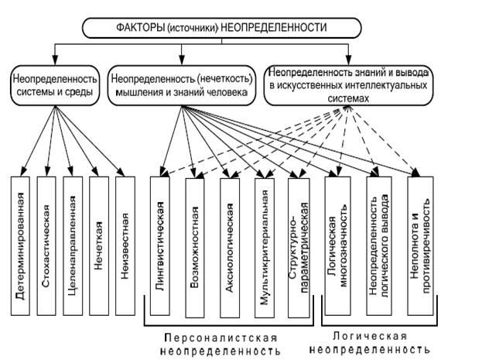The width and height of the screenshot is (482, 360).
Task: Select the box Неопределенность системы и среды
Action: tap(53, 86)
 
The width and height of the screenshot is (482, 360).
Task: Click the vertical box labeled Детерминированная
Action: tap(23, 246)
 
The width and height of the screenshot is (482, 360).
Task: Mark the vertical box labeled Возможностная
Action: tap(199, 246)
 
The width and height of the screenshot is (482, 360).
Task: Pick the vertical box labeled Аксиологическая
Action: tap(234, 246)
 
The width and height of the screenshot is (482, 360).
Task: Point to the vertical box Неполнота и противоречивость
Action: tap(424, 246)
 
